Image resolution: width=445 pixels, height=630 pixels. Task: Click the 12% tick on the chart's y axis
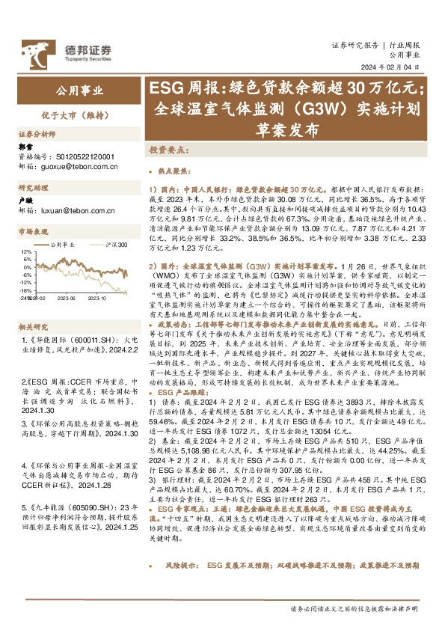[x=27, y=252]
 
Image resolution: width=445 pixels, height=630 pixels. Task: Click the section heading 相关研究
[x=33, y=305]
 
